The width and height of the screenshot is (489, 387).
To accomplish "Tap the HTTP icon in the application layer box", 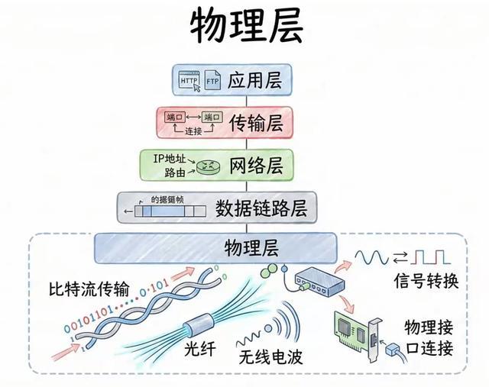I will coord(189,81).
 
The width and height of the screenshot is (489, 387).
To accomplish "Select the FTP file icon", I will coord(213,81).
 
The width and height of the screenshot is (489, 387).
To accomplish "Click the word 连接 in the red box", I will coord(194,131).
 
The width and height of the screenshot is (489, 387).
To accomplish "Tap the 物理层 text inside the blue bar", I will coord(251,247).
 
